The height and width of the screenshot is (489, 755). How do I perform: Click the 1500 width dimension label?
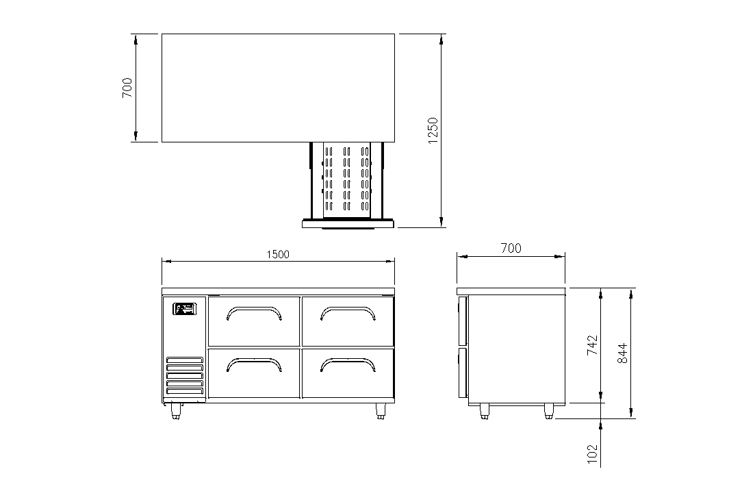click(278, 254)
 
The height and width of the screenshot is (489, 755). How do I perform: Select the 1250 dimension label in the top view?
click(433, 130)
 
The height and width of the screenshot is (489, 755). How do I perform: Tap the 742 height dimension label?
click(592, 345)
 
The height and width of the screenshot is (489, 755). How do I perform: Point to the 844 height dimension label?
click(623, 353)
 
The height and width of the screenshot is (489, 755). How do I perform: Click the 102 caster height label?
click(592, 454)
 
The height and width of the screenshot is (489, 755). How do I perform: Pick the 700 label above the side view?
click(511, 248)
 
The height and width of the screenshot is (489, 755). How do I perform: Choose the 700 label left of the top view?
click(127, 88)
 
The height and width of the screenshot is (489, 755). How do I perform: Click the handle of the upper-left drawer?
click(254, 313)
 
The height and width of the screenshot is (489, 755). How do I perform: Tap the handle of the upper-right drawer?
click(348, 313)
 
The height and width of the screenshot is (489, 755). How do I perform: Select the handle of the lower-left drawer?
click(254, 364)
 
